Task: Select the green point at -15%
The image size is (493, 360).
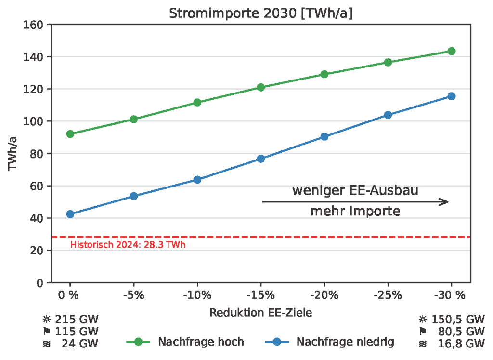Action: tap(261, 87)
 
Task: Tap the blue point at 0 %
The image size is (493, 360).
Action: tap(70, 214)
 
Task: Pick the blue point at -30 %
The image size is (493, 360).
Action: tap(451, 96)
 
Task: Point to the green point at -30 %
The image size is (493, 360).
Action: tap(451, 51)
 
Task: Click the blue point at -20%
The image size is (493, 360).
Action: tap(324, 136)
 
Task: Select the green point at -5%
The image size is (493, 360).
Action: tap(134, 119)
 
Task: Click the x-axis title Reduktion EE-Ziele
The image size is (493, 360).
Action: tap(260, 312)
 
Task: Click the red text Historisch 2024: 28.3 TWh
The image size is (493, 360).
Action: tap(128, 245)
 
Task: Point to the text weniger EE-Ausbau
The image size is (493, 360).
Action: tap(355, 190)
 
